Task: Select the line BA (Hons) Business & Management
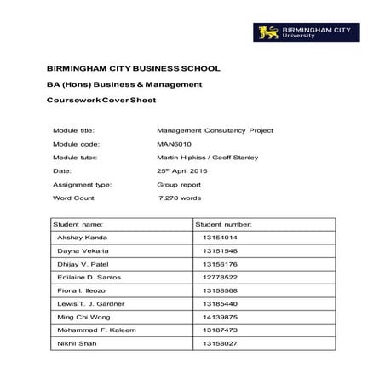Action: pyautogui.click(x=124, y=84)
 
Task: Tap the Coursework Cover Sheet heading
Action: pyautogui.click(x=106, y=101)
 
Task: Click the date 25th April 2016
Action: pyautogui.click(x=181, y=170)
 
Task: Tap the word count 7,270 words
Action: pyautogui.click(x=181, y=198)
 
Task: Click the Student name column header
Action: pyautogui.click(x=78, y=223)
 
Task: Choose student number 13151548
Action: pyautogui.click(x=220, y=251)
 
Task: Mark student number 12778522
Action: pyautogui.click(x=220, y=278)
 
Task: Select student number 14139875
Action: pyautogui.click(x=220, y=317)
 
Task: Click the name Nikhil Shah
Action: pyautogui.click(x=76, y=343)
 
